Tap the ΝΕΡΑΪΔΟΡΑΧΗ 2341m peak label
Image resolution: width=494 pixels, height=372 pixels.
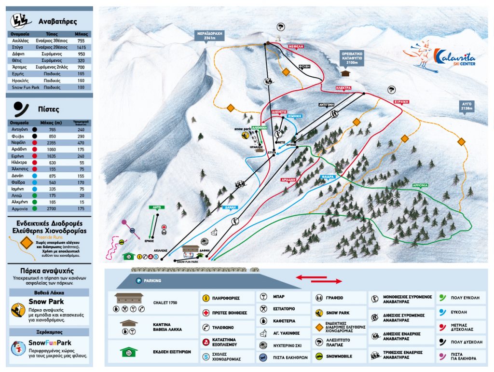point(209,36)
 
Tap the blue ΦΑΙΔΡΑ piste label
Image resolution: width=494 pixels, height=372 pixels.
point(329,177)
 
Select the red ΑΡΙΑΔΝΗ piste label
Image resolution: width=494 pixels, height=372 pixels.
point(288,179)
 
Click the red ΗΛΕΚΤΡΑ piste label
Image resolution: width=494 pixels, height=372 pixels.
point(343,88)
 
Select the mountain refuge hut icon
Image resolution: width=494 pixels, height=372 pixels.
point(345,73)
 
